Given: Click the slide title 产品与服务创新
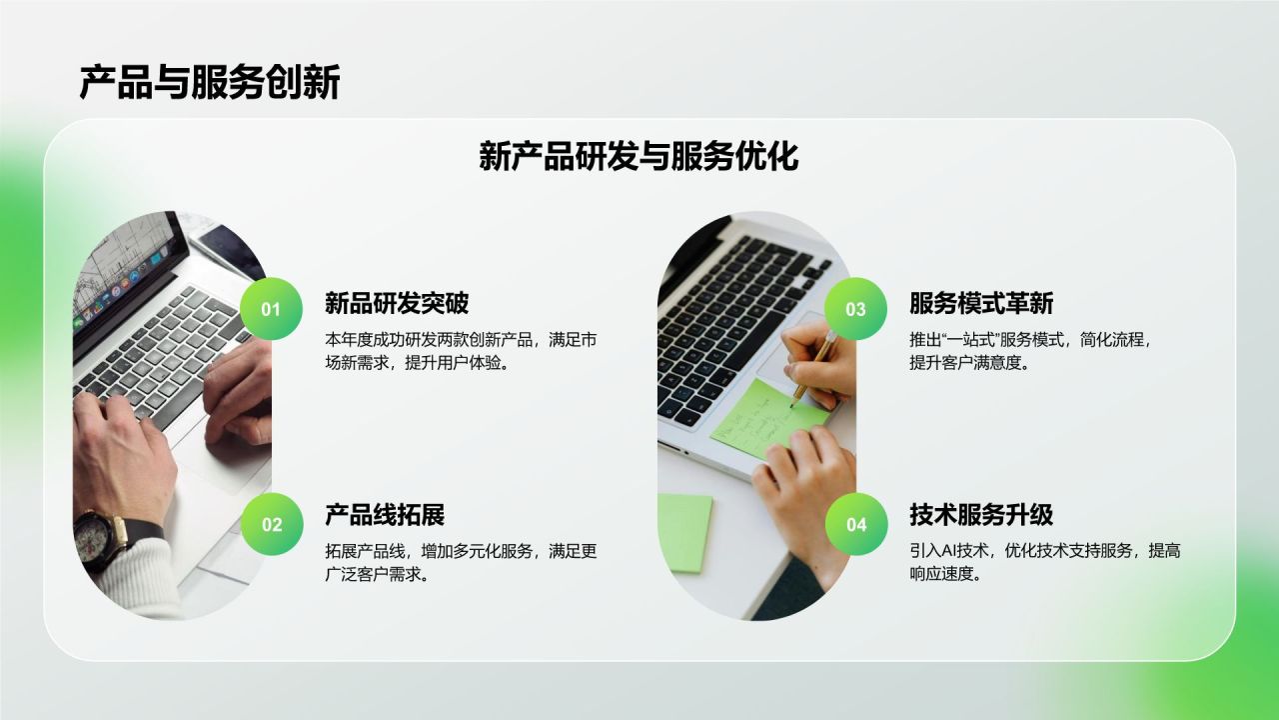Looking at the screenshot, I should [x=210, y=83].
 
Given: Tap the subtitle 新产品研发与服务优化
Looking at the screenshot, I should [x=639, y=157].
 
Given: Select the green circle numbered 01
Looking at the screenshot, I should [x=272, y=309].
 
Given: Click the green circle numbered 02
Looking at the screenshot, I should [x=272, y=524].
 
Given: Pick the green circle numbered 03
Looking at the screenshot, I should [x=856, y=309].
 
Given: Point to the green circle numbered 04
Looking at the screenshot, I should [x=856, y=524].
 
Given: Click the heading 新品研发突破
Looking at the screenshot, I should [x=397, y=303].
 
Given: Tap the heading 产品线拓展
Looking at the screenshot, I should [x=385, y=515].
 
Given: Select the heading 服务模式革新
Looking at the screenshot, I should [x=981, y=303].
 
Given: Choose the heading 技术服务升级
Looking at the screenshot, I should [x=981, y=515].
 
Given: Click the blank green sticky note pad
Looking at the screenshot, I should [x=684, y=530].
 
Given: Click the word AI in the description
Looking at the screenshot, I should [x=950, y=550].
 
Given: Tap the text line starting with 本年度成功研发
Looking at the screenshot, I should [x=461, y=339].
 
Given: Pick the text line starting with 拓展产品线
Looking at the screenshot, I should [x=461, y=550].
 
